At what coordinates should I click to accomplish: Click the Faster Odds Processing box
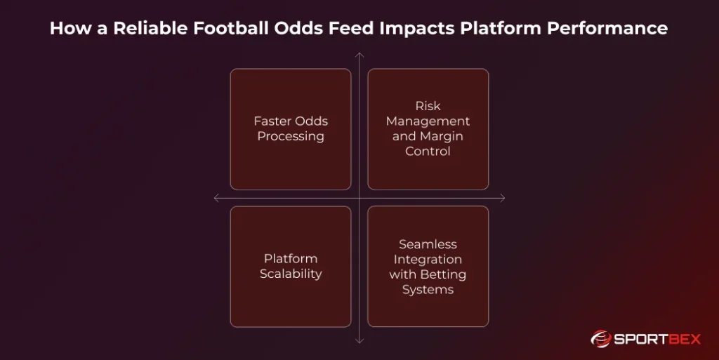pyautogui.click(x=291, y=129)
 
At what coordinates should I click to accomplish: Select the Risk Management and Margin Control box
pyautogui.click(x=428, y=129)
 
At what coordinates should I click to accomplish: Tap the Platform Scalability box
pyautogui.click(x=291, y=267)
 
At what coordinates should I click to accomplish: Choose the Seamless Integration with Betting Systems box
pyautogui.click(x=428, y=267)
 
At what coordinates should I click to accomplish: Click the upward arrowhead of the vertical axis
pyautogui.click(x=359, y=54)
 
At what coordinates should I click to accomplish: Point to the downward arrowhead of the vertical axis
pyautogui.click(x=359, y=341)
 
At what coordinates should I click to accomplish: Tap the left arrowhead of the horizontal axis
pyautogui.click(x=216, y=198)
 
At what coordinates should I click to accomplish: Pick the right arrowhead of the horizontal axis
pyautogui.click(x=503, y=198)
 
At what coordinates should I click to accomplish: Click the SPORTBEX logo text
pyautogui.click(x=657, y=339)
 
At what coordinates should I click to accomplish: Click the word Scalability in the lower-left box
pyautogui.click(x=291, y=274)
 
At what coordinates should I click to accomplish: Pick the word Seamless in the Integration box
pyautogui.click(x=428, y=244)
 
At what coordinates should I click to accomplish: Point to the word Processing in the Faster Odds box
pyautogui.click(x=291, y=136)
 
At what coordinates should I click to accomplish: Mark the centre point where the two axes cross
pyautogui.click(x=359, y=198)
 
